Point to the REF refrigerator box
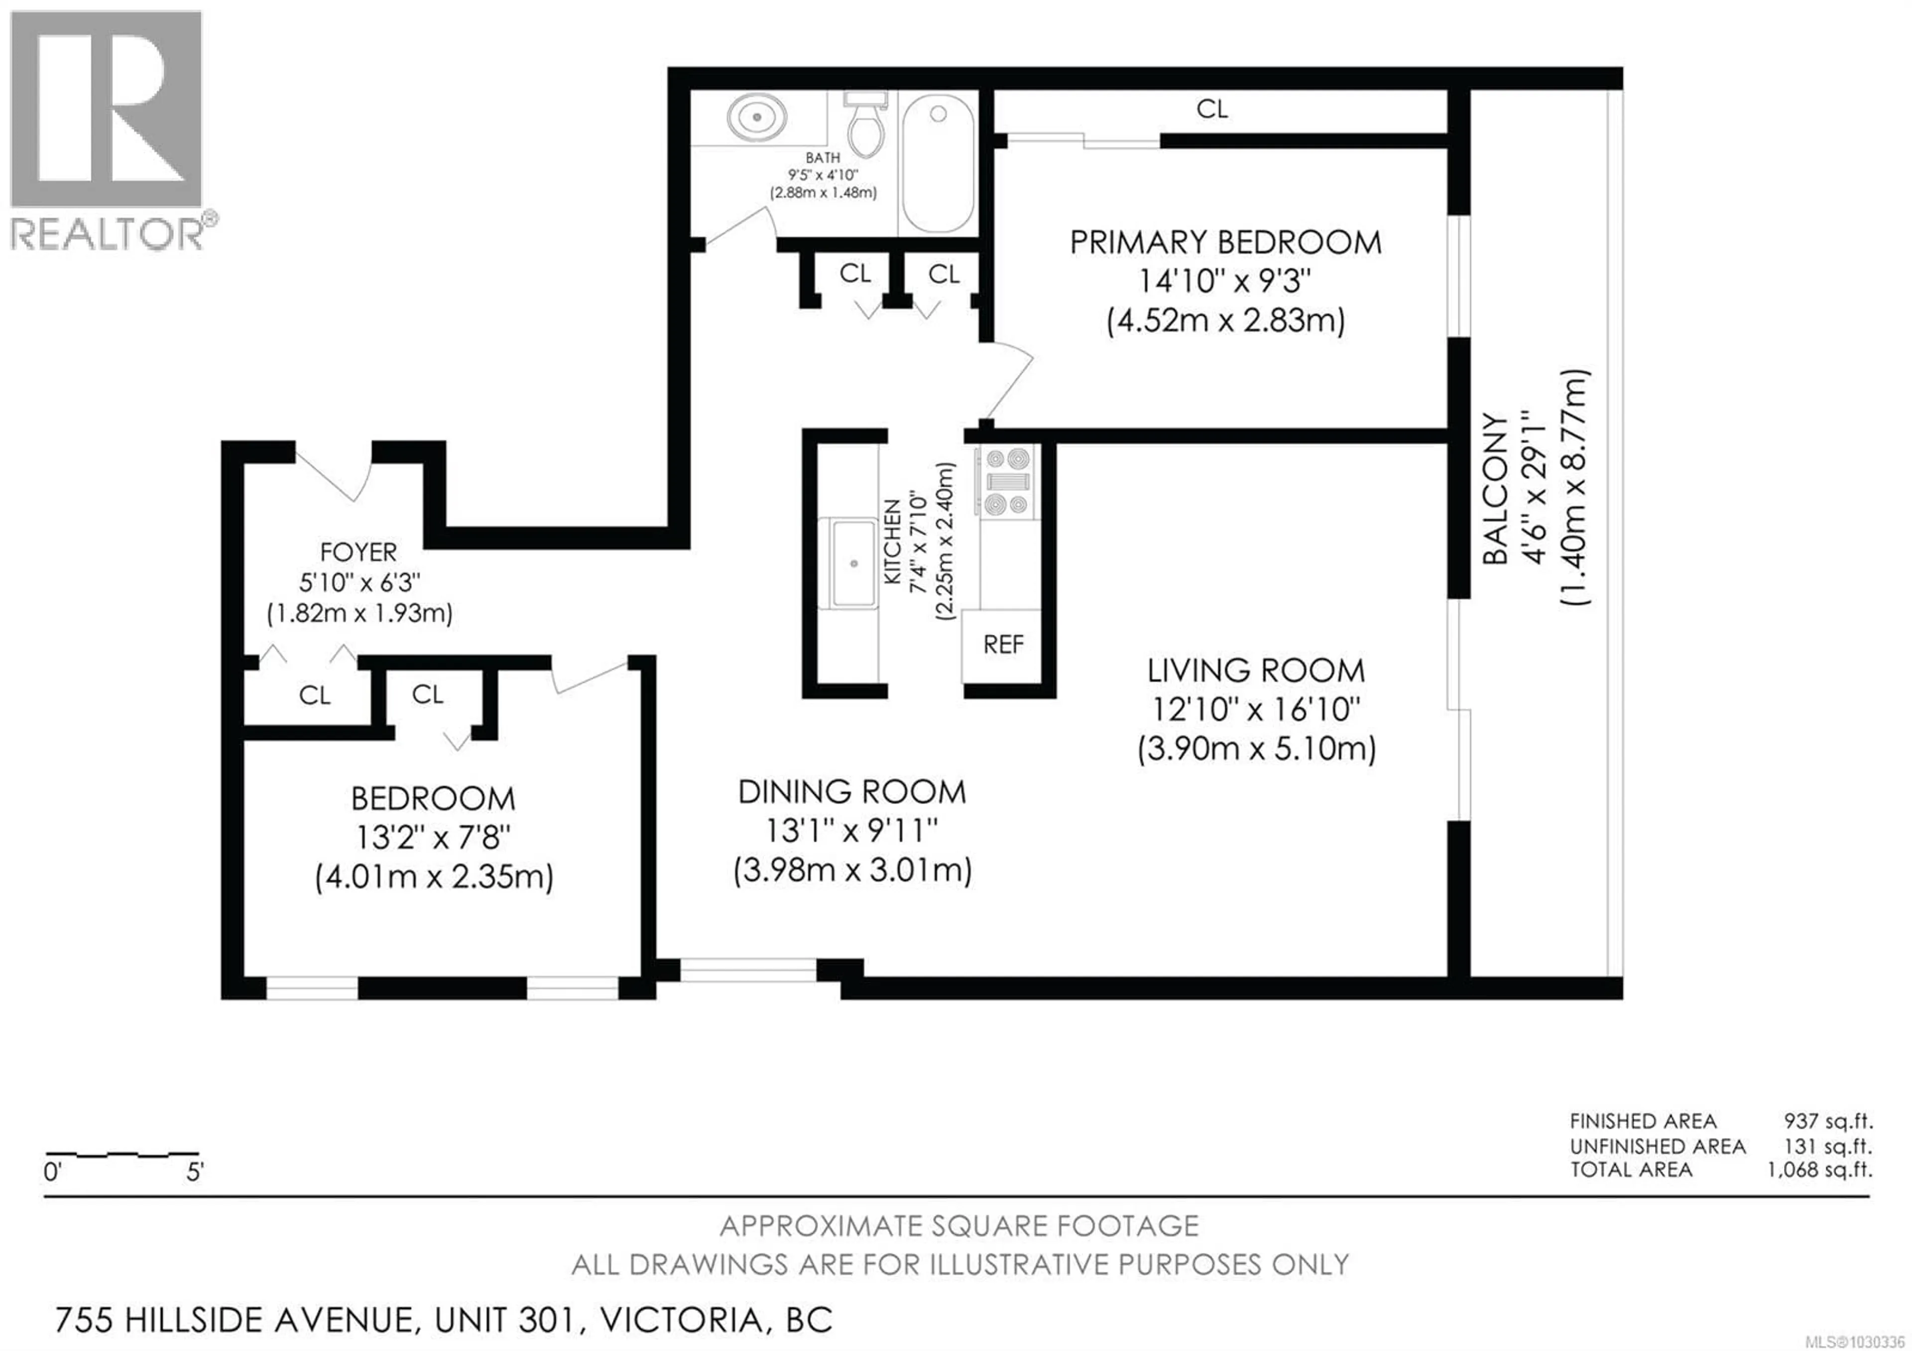pyautogui.click(x=1003, y=645)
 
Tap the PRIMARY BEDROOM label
pyautogui.click(x=1225, y=243)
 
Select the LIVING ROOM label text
pyautogui.click(x=1256, y=671)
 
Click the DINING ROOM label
pyautogui.click(x=852, y=791)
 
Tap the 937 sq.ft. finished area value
pyautogui.click(x=1827, y=1121)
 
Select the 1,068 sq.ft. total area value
pyautogui.click(x=1819, y=1170)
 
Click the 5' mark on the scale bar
pyautogui.click(x=194, y=1173)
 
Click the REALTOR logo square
pyautogui.click(x=106, y=108)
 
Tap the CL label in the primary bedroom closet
pyautogui.click(x=1211, y=109)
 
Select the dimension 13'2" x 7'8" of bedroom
pyautogui.click(x=433, y=837)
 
